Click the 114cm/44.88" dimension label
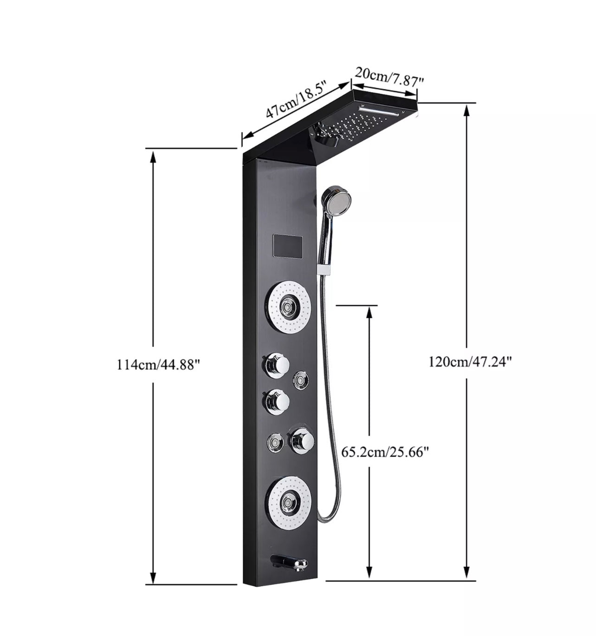coord(158,364)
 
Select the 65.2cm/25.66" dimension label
coord(384,451)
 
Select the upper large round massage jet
coord(288,306)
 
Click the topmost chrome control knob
coord(277,365)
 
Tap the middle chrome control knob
coord(277,401)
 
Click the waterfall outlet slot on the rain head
coord(380,110)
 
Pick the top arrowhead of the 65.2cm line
coord(369,313)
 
